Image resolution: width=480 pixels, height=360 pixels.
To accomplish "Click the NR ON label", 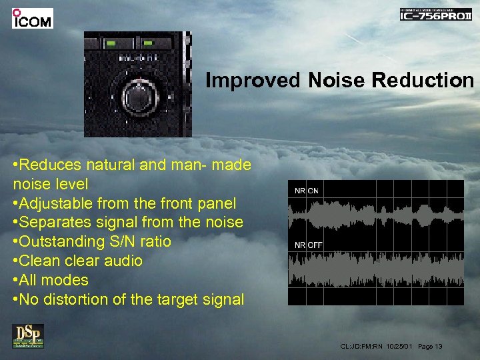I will click(x=307, y=191).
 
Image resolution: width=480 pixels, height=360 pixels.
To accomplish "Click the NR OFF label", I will click(x=309, y=245).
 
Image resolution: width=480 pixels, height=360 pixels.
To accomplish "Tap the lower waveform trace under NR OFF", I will click(x=375, y=272).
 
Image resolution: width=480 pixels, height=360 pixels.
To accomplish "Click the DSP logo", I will click(x=27, y=336).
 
